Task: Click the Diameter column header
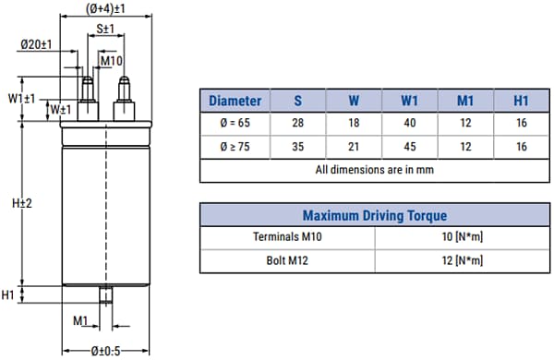[235, 101]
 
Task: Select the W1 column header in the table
[409, 101]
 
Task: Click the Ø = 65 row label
[235, 124]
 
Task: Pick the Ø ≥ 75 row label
[235, 147]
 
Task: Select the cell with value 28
[297, 124]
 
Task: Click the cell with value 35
[297, 147]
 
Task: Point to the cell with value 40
[409, 124]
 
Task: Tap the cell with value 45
[409, 147]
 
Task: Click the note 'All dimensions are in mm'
[375, 170]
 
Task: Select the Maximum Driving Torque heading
[375, 215]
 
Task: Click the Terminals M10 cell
[288, 237]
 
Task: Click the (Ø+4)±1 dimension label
[106, 8]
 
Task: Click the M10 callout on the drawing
[112, 61]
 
